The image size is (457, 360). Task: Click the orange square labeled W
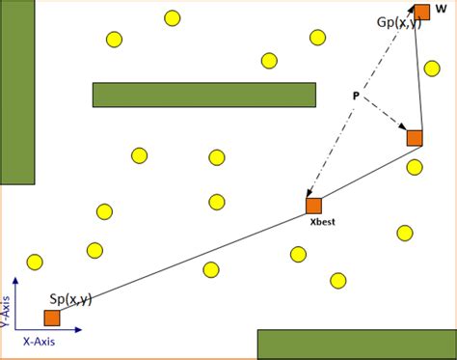[422, 13]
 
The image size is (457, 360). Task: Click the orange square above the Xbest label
[313, 206]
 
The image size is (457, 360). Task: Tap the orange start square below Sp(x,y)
[52, 318]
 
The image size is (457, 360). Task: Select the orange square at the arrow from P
[415, 138]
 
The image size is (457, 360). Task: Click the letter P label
[356, 96]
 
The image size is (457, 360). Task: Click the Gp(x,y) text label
[398, 22]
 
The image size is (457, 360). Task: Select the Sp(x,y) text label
[70, 299]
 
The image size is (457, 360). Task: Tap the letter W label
[441, 8]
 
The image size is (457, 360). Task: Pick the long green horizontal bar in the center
[204, 95]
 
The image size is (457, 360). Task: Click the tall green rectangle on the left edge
[17, 92]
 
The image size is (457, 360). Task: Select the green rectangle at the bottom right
[357, 345]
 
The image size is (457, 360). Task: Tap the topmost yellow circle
[172, 17]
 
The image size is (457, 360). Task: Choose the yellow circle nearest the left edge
[35, 262]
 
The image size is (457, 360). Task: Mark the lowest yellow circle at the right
[337, 280]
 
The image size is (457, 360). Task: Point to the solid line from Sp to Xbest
[183, 262]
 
